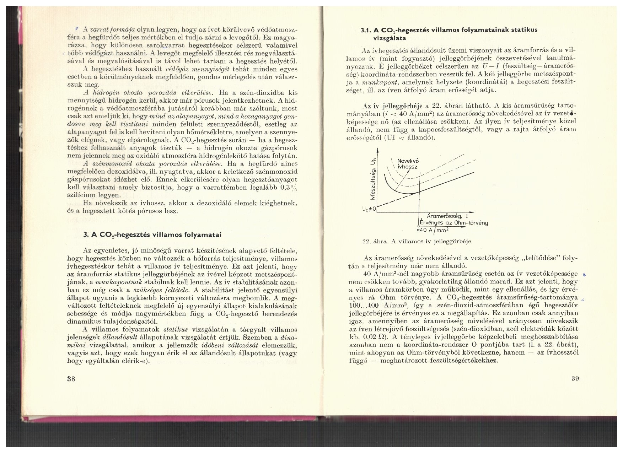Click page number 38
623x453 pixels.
[71, 379]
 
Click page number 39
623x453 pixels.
[575, 378]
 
